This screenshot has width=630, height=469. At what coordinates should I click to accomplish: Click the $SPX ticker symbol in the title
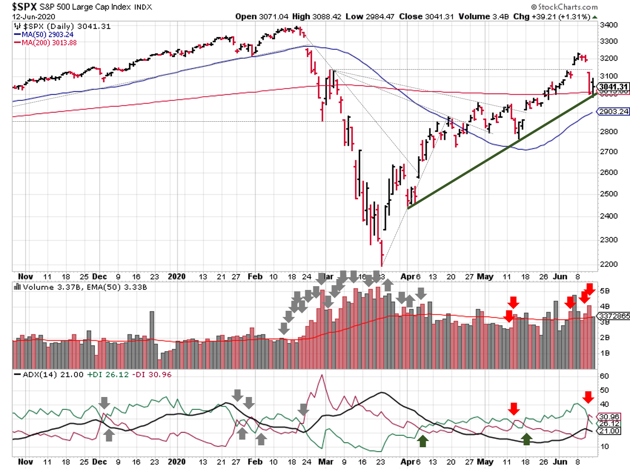(24, 7)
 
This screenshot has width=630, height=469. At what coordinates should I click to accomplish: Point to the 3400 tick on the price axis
(609, 25)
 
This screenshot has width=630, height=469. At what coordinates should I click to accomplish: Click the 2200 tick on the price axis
(609, 264)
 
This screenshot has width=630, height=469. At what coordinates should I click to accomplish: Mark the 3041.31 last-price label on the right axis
(613, 87)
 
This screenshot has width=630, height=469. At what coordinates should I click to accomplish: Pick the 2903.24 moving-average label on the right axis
(613, 111)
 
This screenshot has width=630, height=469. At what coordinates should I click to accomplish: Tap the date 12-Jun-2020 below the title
(34, 17)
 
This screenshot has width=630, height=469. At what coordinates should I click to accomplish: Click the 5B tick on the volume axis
(604, 291)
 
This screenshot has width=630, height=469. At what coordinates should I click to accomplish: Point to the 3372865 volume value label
(614, 316)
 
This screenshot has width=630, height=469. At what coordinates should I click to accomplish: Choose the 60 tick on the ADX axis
(604, 376)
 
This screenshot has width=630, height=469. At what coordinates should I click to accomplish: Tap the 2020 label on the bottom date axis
(176, 461)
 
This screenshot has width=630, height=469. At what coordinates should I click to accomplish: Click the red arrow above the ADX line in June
(588, 397)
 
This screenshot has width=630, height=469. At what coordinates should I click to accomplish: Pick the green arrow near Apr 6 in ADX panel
(423, 441)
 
